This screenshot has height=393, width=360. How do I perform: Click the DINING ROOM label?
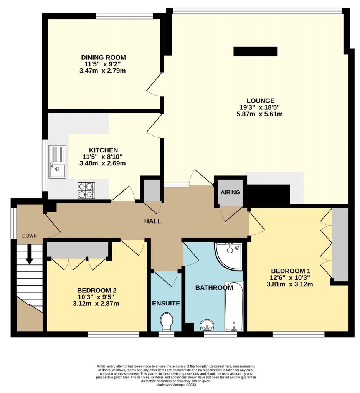(x=103, y=58)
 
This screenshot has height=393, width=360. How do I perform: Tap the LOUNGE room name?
(x=261, y=101)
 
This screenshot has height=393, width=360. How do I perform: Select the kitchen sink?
(x=58, y=162)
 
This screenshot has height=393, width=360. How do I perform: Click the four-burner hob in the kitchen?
(x=86, y=190)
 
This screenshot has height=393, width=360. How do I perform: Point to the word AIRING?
(x=230, y=192)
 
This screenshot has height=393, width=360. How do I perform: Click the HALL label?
(x=153, y=221)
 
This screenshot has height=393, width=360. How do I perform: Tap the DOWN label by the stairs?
(x=30, y=236)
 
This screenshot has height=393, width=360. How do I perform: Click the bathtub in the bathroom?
(x=234, y=307)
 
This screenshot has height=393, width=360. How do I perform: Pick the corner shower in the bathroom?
(x=228, y=256)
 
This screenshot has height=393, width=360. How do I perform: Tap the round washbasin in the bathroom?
(x=207, y=325)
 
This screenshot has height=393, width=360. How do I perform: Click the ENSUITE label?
(x=166, y=304)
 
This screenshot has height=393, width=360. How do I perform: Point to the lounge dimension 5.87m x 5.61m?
(x=260, y=114)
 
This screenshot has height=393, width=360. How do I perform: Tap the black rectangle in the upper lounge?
(x=256, y=51)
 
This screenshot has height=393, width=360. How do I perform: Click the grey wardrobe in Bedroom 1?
(x=340, y=244)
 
